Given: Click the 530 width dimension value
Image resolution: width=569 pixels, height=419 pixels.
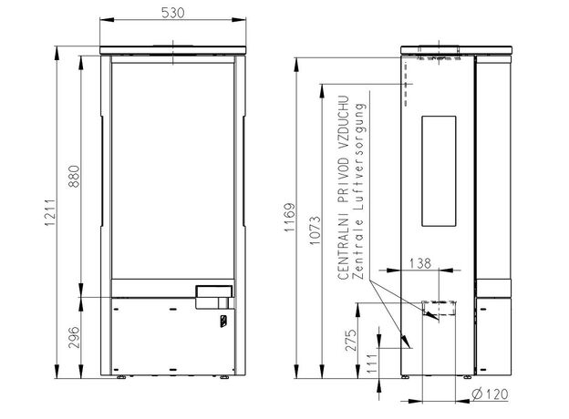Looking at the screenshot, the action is [172, 13].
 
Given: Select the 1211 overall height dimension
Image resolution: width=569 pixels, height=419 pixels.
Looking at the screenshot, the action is [50, 212].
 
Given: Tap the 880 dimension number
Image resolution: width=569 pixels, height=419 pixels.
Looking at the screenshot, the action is [74, 176].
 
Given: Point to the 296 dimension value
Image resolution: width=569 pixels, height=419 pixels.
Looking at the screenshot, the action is [74, 337].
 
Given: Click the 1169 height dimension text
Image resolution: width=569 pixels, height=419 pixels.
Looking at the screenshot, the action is [290, 218].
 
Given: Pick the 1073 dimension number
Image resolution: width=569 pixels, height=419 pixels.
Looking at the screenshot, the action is [316, 230].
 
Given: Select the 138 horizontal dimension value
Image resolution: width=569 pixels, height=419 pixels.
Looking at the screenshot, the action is [419, 263].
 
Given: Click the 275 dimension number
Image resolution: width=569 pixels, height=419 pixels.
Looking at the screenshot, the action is [351, 341].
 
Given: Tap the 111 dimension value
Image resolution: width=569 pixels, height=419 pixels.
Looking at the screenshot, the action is [372, 365].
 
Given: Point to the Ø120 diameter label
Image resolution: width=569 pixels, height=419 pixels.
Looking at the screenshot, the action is [490, 394].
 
